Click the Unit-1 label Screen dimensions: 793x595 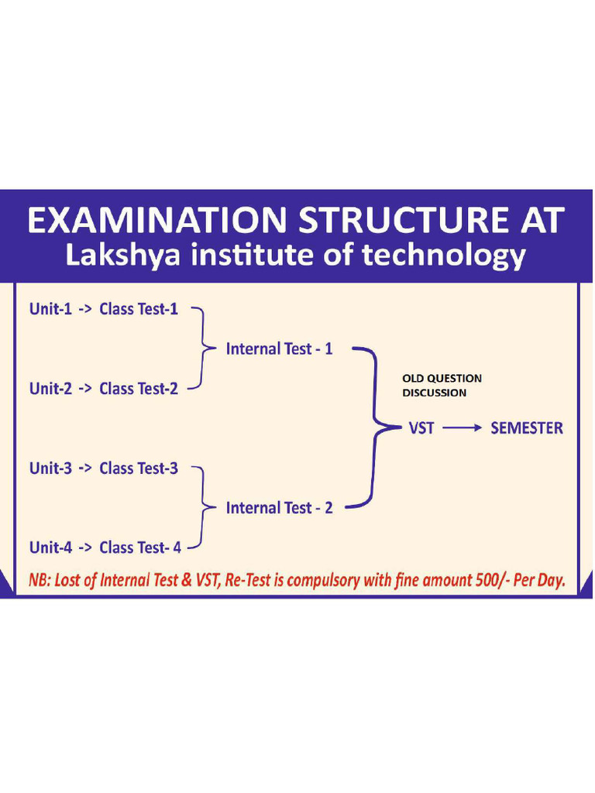50,309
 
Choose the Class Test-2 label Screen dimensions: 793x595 139,388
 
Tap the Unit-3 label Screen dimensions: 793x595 50,468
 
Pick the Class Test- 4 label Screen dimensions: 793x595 140,547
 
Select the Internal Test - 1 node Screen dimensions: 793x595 279,348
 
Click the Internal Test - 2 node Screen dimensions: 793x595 279,507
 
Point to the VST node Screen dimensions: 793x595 421,427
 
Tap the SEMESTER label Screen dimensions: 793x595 527,427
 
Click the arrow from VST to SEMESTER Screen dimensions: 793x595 462,427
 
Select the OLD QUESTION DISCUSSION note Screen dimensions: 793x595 442,385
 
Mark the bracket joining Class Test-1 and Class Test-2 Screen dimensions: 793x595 204,348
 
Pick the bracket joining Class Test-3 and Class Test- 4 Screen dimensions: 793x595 204,507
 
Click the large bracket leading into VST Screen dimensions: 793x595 376,427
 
